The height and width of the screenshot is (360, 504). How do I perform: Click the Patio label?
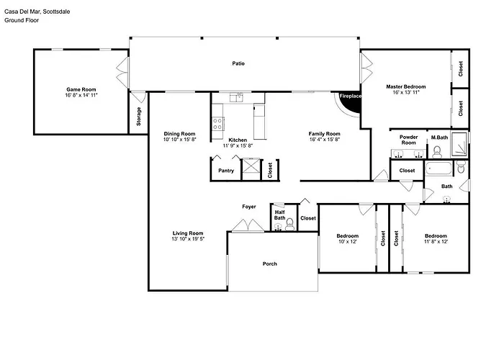(238, 63)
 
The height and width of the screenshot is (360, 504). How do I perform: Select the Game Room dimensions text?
(81, 95)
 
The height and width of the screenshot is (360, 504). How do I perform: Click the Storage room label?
(138, 117)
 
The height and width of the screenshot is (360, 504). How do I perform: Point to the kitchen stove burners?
(217, 124)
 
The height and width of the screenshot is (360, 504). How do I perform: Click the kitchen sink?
(237, 97)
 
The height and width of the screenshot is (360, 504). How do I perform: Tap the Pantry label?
(226, 171)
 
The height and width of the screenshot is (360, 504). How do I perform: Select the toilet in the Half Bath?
(290, 225)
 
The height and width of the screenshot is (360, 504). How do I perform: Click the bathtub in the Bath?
(438, 168)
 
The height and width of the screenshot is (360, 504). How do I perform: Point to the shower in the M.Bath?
(459, 144)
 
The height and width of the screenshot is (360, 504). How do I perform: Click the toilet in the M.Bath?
(437, 153)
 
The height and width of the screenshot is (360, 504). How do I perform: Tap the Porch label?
(270, 264)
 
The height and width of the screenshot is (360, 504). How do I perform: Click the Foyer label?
(249, 207)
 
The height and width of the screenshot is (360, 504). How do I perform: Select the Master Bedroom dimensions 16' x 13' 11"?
(406, 93)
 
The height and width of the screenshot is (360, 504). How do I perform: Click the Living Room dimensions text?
(188, 239)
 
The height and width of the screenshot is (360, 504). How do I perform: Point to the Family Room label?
(324, 134)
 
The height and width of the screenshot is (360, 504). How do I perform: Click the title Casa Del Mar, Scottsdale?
(37, 12)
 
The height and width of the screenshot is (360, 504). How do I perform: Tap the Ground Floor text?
(22, 20)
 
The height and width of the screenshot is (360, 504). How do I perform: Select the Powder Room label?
(408, 140)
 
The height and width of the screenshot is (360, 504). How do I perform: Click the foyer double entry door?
(248, 225)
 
